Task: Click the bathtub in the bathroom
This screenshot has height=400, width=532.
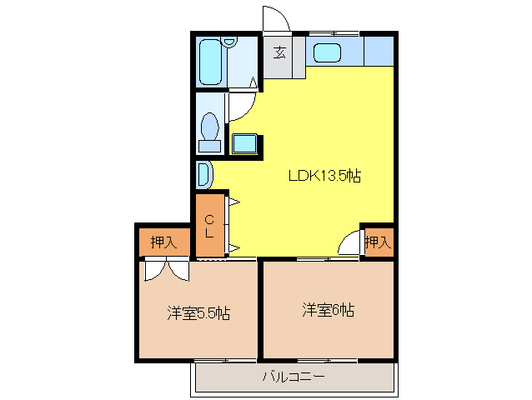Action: coord(212,61)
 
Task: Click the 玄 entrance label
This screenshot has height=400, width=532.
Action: coord(279,53)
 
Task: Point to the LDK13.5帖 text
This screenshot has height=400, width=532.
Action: coord(324,176)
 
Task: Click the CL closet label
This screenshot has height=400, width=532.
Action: coord(210,226)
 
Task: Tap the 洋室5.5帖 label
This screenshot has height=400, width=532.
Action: coord(198,313)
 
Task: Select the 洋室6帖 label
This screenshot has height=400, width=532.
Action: coord(328,310)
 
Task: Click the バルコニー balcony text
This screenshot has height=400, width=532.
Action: coord(293,377)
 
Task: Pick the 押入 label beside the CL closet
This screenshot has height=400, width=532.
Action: coord(163,242)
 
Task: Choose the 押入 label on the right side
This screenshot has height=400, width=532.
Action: coord(377,242)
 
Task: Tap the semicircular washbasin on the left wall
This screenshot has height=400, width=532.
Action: coord(204,174)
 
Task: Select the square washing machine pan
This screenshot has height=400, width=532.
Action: coord(245,143)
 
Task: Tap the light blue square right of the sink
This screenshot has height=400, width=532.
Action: coord(379,51)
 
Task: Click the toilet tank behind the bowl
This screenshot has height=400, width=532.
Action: coord(210,145)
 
